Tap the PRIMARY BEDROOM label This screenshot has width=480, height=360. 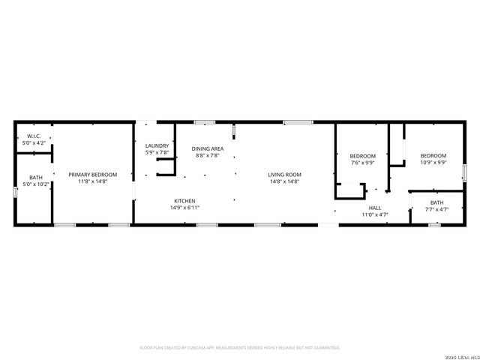tap(93, 175)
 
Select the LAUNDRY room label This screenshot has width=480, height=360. tap(157, 145)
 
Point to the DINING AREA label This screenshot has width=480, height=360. tap(208, 148)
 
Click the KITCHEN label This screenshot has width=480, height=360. tap(185, 201)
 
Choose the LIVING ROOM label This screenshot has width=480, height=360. tap(284, 175)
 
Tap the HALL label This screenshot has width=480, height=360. tap(374, 208)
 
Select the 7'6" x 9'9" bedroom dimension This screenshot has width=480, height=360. tap(362, 162)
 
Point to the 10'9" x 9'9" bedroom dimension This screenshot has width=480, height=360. tap(433, 162)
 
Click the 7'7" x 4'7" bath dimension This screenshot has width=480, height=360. tap(436, 209)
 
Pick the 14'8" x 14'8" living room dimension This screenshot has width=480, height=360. tap(284, 181)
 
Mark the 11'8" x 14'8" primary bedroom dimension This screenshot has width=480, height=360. tap(93, 181)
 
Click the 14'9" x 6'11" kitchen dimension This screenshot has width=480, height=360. tap(185, 208)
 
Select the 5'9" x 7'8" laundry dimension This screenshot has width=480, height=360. tap(157, 152)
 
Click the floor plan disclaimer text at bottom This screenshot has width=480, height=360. tap(240, 348)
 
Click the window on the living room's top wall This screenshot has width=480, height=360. tap(298, 121)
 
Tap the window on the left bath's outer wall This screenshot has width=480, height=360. tap(14, 193)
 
